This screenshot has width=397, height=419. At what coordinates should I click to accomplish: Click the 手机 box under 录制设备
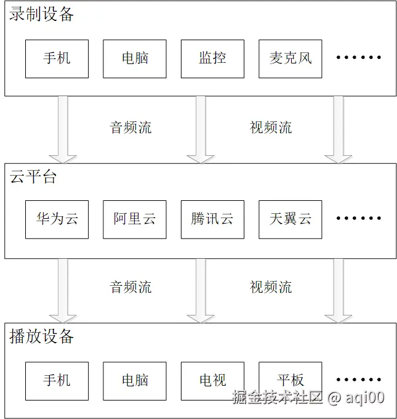click(x=57, y=59)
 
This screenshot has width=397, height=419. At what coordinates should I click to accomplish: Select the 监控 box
click(x=212, y=59)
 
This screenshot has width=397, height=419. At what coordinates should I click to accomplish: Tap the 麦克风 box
click(x=290, y=59)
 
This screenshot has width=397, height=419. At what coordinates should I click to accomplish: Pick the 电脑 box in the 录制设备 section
click(x=134, y=59)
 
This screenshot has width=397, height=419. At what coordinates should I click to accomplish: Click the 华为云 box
click(x=57, y=219)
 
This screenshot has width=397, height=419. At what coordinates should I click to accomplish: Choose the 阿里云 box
click(x=134, y=219)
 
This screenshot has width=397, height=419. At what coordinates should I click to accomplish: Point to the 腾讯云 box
click(x=212, y=219)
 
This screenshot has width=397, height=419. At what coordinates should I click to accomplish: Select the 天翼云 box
click(x=290, y=219)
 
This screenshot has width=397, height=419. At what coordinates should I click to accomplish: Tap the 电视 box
click(x=212, y=381)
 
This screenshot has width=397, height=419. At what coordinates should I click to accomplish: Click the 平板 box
click(x=290, y=381)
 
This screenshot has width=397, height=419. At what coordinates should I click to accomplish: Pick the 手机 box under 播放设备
click(x=57, y=381)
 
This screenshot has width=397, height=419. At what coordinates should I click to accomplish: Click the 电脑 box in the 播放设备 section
click(x=134, y=381)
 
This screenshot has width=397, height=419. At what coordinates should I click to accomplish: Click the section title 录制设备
click(x=42, y=15)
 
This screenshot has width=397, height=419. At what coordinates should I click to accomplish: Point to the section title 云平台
click(x=33, y=177)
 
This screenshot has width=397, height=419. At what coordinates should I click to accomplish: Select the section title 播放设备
click(x=42, y=336)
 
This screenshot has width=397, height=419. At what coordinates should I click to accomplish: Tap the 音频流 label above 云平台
click(x=130, y=128)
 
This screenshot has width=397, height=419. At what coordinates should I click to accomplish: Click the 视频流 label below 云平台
click(x=271, y=287)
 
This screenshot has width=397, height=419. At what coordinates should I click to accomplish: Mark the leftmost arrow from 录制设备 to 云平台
click(x=63, y=129)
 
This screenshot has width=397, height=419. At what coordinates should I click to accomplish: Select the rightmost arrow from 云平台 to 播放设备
click(x=338, y=290)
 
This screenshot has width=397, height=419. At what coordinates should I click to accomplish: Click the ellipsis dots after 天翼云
click(x=359, y=219)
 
